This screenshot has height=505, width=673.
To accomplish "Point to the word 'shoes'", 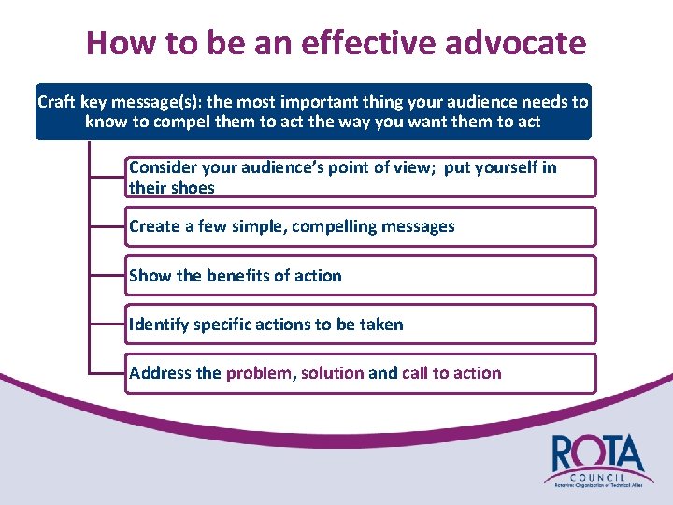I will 192,188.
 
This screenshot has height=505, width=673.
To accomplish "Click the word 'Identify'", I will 158,325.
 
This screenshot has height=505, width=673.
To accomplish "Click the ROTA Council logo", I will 594,459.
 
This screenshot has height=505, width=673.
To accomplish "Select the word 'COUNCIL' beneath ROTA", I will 598,475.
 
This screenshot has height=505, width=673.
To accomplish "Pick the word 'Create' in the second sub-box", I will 154,226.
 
